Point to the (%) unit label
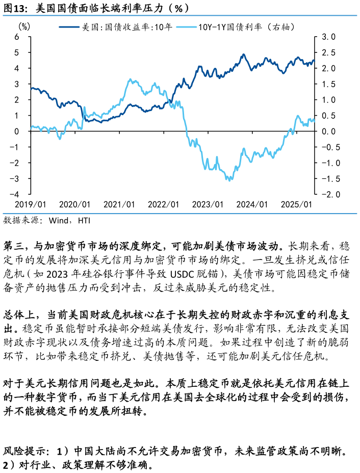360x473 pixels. coord(24,27)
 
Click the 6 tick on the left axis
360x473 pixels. coord(17,37)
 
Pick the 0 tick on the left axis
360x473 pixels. coord(17,131)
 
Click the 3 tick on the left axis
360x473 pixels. coord(17,84)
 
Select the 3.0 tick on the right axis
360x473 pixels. coord(328,37)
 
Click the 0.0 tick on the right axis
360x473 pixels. coord(328,131)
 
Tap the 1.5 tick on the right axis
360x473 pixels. coord(328,84)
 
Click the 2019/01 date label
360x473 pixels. coord(31,204)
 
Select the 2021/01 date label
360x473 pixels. coord(119,204)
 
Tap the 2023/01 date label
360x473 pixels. coord(208,204)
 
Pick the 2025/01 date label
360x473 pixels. coord(297,204)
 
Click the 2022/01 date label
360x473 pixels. coord(164,204)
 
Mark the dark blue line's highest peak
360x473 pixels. coord(243,54)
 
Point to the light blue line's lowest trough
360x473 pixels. coord(229,180)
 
